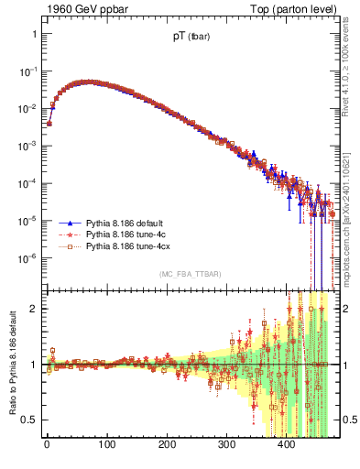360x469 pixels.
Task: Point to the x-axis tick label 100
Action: click(106, 444)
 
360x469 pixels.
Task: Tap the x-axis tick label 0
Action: click(47, 444)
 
